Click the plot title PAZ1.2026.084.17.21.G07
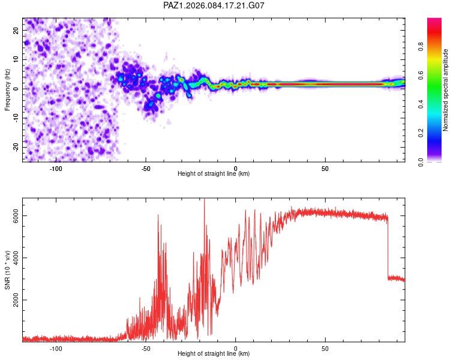coord(214,5)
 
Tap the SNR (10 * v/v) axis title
coord(7,270)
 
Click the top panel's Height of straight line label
coord(214,174)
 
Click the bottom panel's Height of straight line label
coord(214,354)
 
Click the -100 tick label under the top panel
coord(56,168)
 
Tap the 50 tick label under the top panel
coord(325,168)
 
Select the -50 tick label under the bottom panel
coord(146,348)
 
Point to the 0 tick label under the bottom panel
coord(236,348)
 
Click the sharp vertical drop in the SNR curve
coord(388,246)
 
